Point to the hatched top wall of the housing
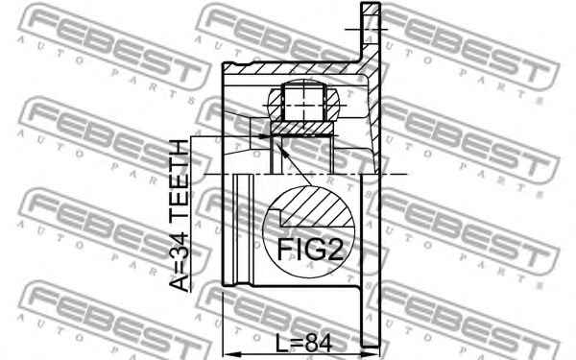(x=288, y=69)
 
